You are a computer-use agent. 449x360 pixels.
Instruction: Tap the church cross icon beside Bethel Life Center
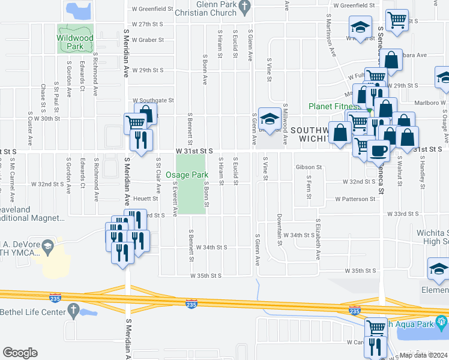point(73,311)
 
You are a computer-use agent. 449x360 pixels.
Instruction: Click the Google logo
point(20,352)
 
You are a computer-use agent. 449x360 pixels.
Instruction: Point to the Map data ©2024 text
point(423,355)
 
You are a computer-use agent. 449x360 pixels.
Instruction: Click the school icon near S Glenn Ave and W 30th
point(268,119)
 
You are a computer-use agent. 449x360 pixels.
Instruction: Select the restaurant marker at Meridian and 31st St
point(142,140)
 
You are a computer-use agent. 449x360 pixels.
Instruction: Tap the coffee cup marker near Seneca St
point(378,149)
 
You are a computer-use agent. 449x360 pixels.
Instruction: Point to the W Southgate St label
point(153,100)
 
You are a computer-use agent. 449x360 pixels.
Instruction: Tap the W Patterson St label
point(355,199)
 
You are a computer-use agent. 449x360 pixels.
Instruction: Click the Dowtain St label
point(280,230)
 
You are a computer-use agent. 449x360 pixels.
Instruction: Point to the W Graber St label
point(148,40)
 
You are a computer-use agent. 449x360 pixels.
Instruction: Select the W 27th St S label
point(148,24)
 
